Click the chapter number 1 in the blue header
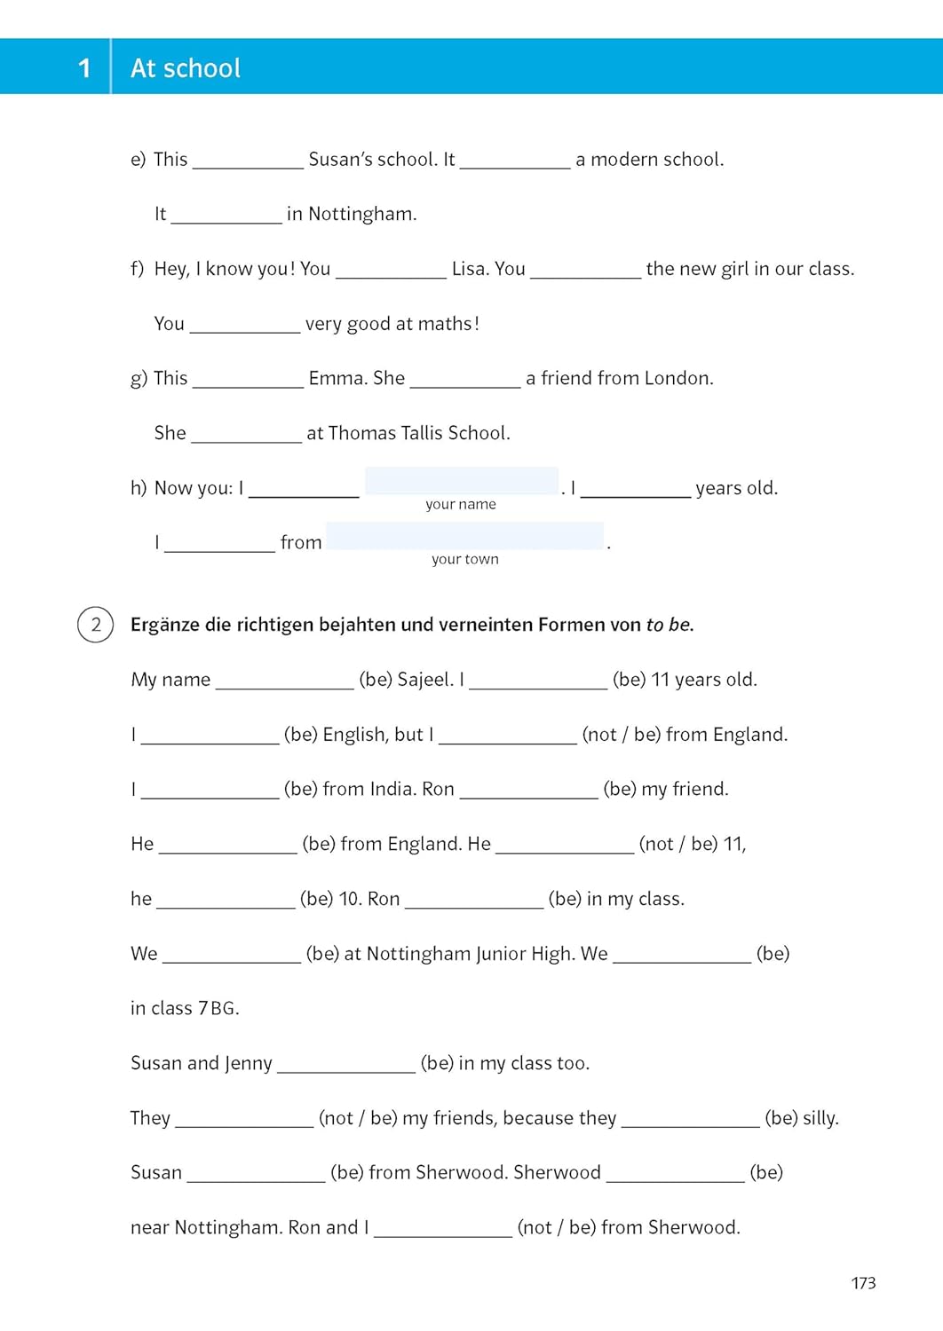[x=84, y=67]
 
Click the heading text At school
[x=186, y=68]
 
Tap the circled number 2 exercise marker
[x=96, y=625]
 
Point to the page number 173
[x=863, y=1283]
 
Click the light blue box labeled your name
[x=462, y=481]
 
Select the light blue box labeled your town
[x=464, y=536]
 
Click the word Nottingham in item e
[x=361, y=214]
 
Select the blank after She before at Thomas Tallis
[x=246, y=433]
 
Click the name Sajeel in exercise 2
[x=424, y=680]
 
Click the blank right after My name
[x=284, y=680]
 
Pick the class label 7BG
[x=218, y=1008]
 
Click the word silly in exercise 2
[x=820, y=1118]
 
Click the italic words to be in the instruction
[x=669, y=625]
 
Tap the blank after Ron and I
[x=442, y=1227]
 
